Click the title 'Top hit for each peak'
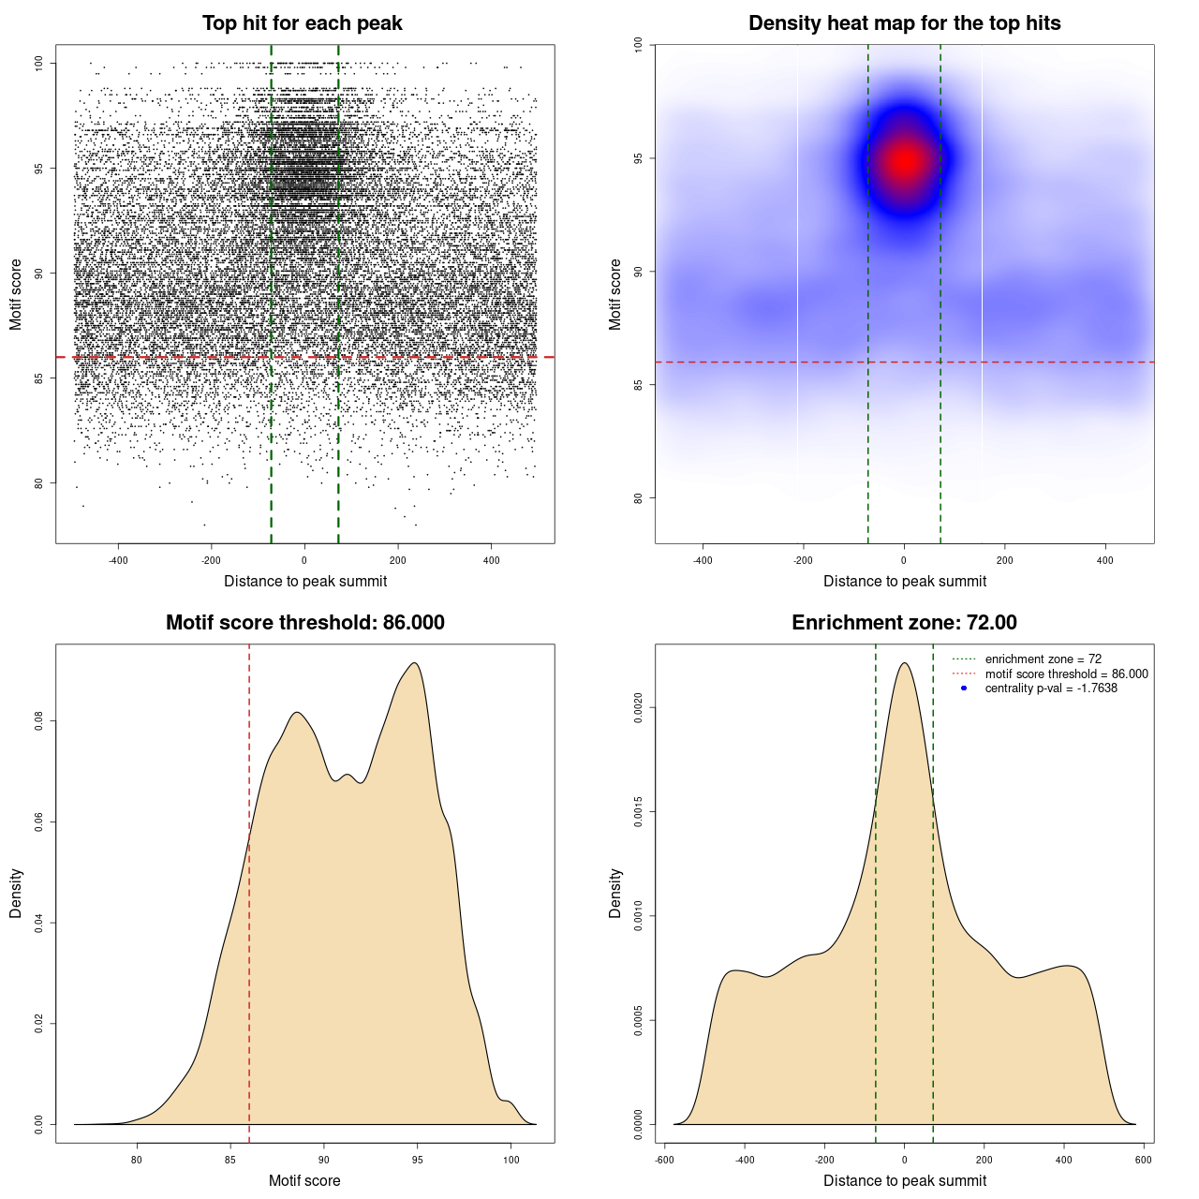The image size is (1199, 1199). [x=303, y=23]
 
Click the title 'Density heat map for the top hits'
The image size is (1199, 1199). [x=904, y=23]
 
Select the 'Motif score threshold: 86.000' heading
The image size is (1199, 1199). [x=304, y=623]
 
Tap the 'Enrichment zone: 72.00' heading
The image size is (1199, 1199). [x=904, y=623]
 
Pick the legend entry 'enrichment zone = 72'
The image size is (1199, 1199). [x=1043, y=659]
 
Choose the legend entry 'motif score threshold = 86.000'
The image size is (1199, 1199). [x=1066, y=674]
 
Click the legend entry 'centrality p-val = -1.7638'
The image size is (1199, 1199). [x=1051, y=688]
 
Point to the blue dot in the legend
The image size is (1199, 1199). [x=964, y=688]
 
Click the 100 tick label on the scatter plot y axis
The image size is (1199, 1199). [x=39, y=63]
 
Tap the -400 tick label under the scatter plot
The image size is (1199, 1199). [x=118, y=560]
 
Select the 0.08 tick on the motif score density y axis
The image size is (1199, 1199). [x=39, y=721]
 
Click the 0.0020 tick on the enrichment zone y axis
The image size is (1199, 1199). [x=639, y=708]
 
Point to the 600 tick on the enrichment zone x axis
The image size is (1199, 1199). [x=1144, y=1160]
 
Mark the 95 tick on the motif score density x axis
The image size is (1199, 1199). [x=417, y=1160]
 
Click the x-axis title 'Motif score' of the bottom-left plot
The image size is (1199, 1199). [x=304, y=1180]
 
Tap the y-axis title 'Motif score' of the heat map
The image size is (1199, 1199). [x=615, y=294]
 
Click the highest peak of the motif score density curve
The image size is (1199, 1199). [x=414, y=663]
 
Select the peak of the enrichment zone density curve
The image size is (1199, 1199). [x=904, y=663]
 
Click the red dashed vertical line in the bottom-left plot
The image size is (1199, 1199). [x=249, y=890]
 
